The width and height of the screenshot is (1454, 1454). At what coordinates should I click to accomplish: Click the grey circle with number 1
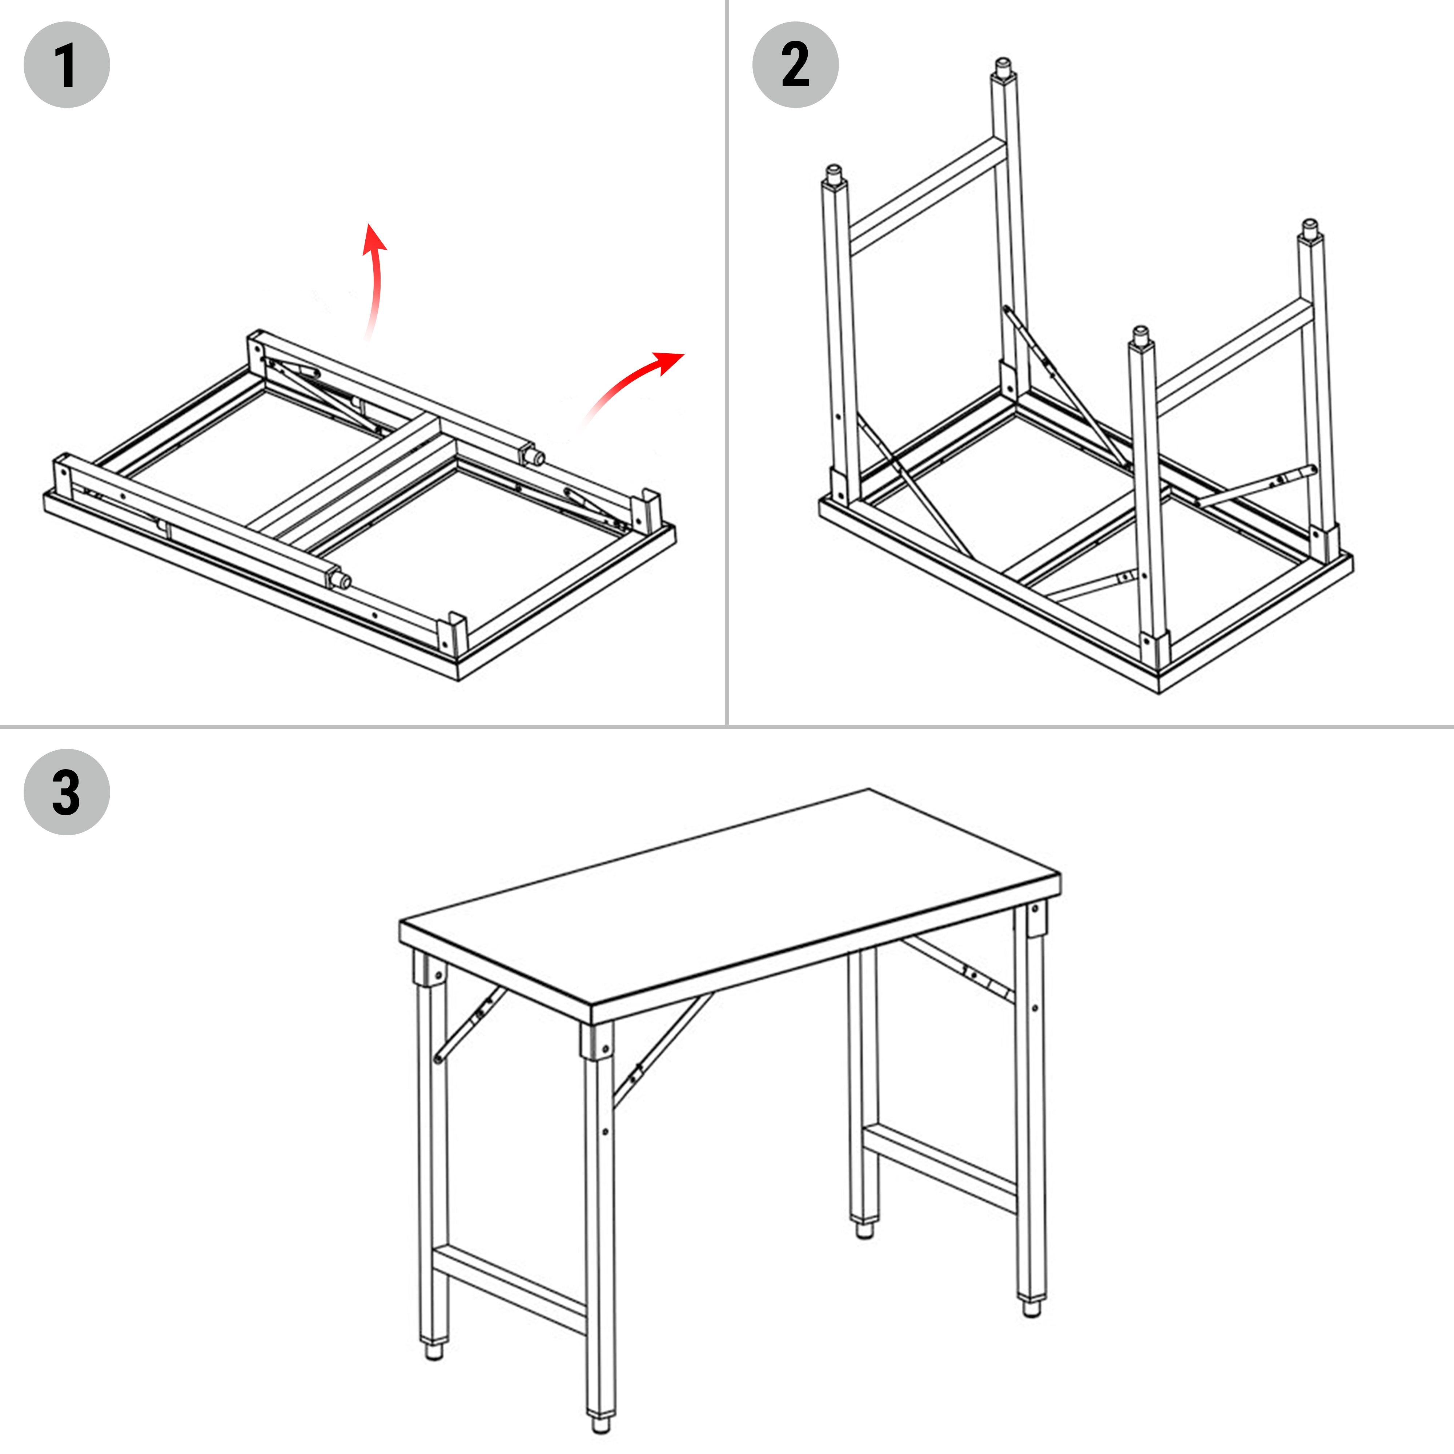(66, 65)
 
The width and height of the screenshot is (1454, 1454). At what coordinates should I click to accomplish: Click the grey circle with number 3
(66, 792)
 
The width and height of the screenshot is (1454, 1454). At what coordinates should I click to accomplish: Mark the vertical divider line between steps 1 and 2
(727, 361)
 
